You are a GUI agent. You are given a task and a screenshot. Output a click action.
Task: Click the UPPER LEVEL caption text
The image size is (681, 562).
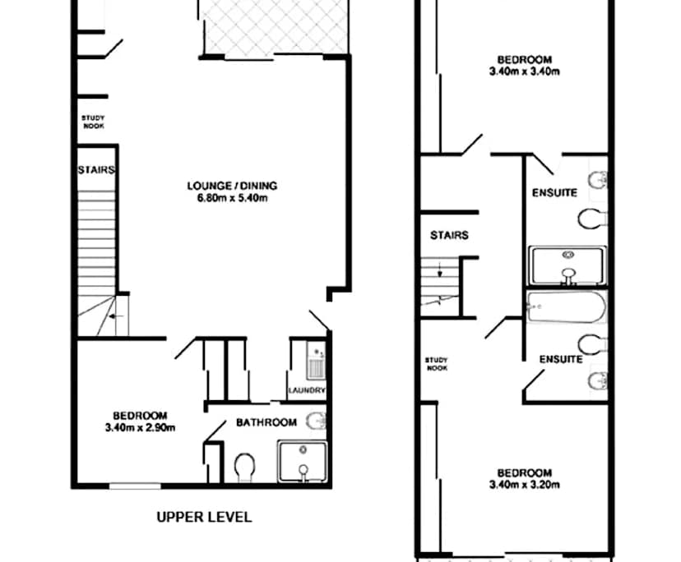tap(204, 518)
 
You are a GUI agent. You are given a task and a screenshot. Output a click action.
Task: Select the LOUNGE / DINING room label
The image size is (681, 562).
tap(231, 185)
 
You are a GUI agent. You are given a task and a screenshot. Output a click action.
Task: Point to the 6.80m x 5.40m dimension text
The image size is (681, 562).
tap(231, 197)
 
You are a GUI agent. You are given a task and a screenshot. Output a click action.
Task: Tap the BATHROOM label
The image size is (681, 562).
tap(266, 422)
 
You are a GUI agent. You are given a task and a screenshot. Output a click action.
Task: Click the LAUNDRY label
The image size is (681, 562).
tap(307, 391)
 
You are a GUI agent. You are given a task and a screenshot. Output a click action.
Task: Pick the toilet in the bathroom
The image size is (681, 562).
tap(245, 468)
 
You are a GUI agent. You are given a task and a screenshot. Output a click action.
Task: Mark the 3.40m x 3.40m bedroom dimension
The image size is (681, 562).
tap(524, 71)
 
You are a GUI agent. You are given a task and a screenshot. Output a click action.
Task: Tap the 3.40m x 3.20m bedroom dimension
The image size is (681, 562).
tap(524, 485)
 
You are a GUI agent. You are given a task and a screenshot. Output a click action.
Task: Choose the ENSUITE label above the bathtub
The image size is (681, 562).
tap(549, 193)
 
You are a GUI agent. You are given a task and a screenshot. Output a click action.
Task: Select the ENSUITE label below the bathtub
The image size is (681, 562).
tap(561, 359)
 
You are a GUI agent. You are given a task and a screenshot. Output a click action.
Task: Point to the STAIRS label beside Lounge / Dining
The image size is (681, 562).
tap(95, 171)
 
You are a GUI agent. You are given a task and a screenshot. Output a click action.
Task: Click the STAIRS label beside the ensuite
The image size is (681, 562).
tap(449, 235)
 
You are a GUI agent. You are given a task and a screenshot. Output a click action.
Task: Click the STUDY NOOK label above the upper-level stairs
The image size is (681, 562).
tap(93, 122)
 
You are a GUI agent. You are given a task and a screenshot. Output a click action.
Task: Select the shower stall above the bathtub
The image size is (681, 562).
tap(567, 265)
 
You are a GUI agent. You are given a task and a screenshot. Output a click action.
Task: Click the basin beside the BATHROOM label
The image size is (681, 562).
tap(316, 423)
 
